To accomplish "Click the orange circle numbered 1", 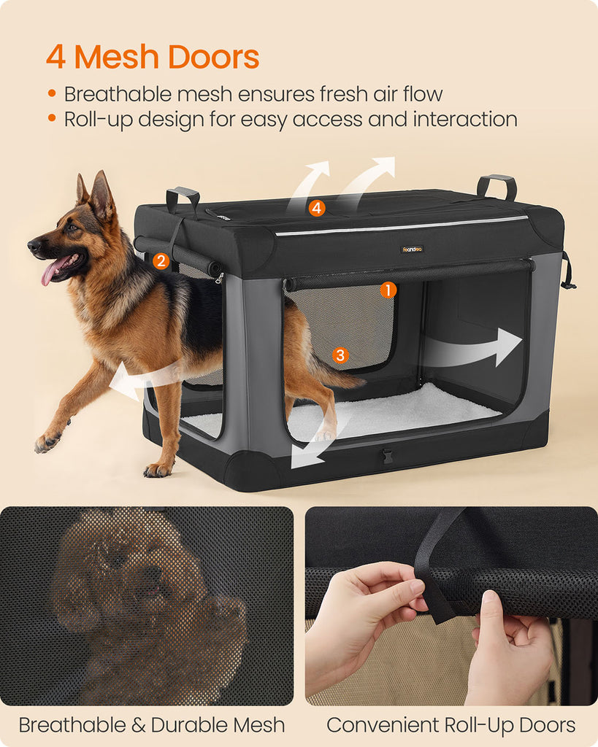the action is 388,290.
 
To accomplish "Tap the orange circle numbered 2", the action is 161,260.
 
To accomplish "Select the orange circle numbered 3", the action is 340,355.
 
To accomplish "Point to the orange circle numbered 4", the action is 317,208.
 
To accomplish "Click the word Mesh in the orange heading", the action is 116,57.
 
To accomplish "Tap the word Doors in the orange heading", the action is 213,57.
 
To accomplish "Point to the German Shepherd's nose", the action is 34,245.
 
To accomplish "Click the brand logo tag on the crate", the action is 412,249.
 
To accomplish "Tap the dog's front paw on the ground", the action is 47,443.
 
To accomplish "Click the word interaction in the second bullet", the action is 465,119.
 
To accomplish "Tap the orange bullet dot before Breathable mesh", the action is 52,93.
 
